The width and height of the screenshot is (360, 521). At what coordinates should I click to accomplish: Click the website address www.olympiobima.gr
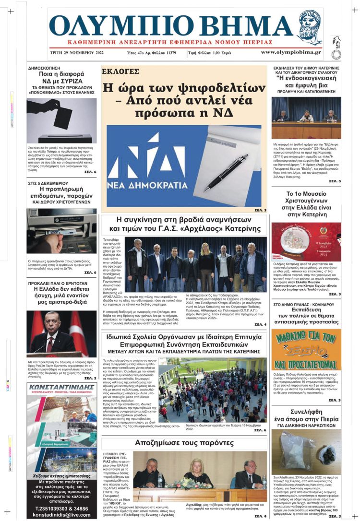tap(291, 52)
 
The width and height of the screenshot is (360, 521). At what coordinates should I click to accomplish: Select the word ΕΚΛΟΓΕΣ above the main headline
tap(120, 72)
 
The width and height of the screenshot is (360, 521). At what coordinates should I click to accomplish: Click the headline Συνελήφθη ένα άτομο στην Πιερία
tap(306, 416)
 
